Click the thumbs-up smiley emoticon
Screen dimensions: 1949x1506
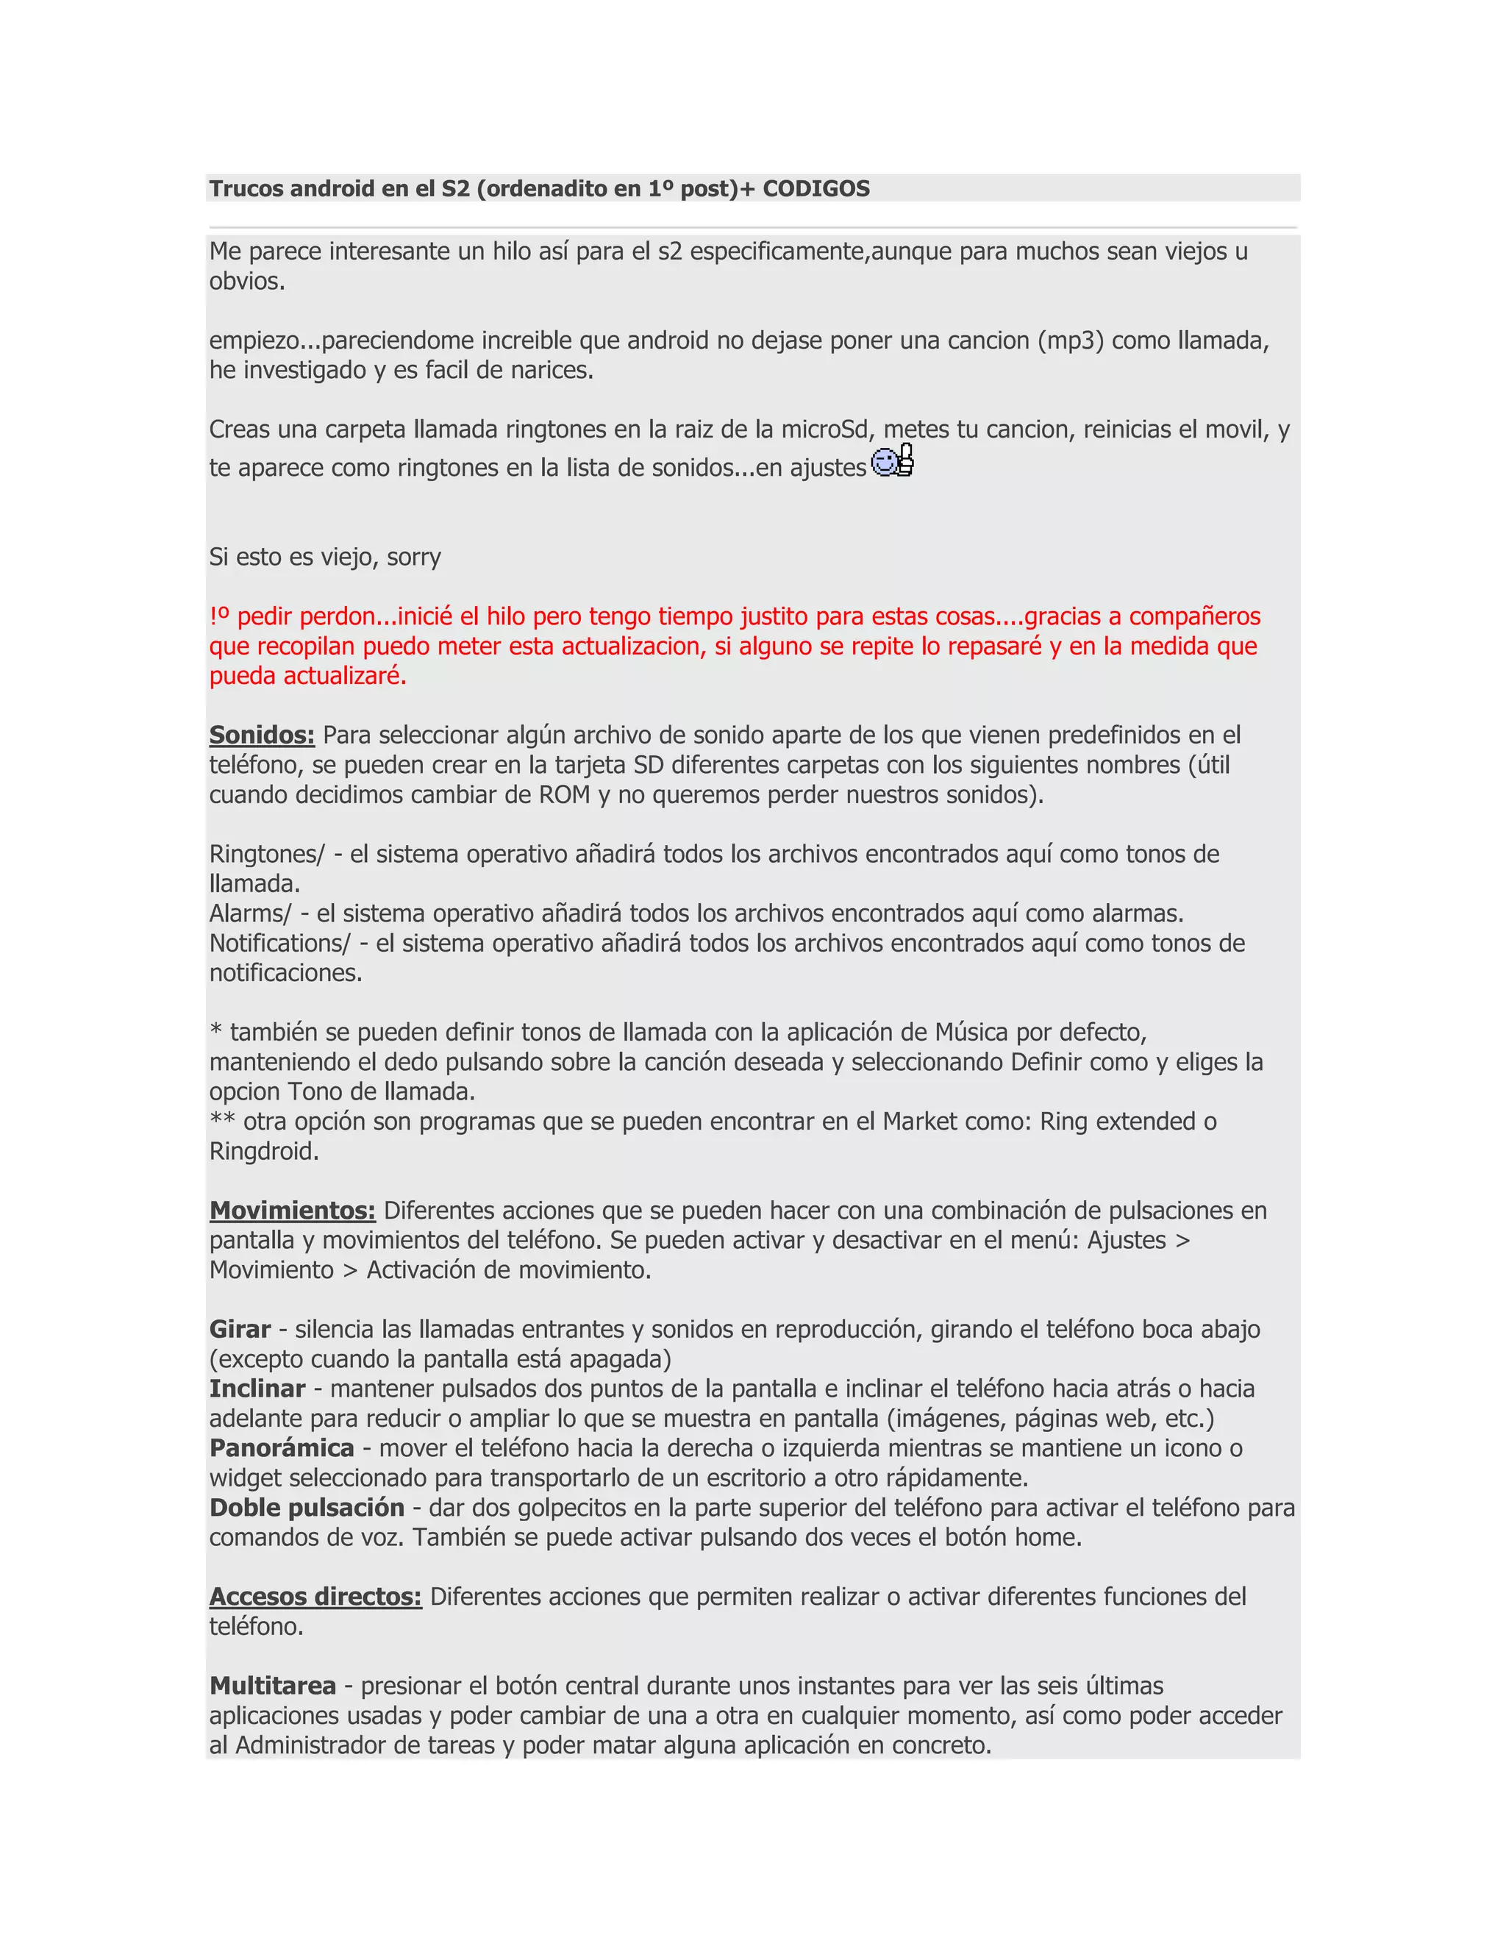892,460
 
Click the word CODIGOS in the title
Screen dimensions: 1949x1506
816,188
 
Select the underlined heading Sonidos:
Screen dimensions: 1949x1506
261,735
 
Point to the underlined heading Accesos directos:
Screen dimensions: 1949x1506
315,1597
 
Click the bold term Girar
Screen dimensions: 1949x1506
240,1329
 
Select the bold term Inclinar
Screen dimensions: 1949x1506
257,1389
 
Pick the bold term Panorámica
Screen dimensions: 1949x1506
282,1447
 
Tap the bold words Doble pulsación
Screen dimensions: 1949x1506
307,1507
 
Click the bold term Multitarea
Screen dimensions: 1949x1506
272,1686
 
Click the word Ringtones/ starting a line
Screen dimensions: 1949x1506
267,854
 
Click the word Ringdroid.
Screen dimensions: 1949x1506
264,1151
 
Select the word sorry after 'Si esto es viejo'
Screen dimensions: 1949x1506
413,557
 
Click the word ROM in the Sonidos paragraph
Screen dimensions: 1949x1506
564,794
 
